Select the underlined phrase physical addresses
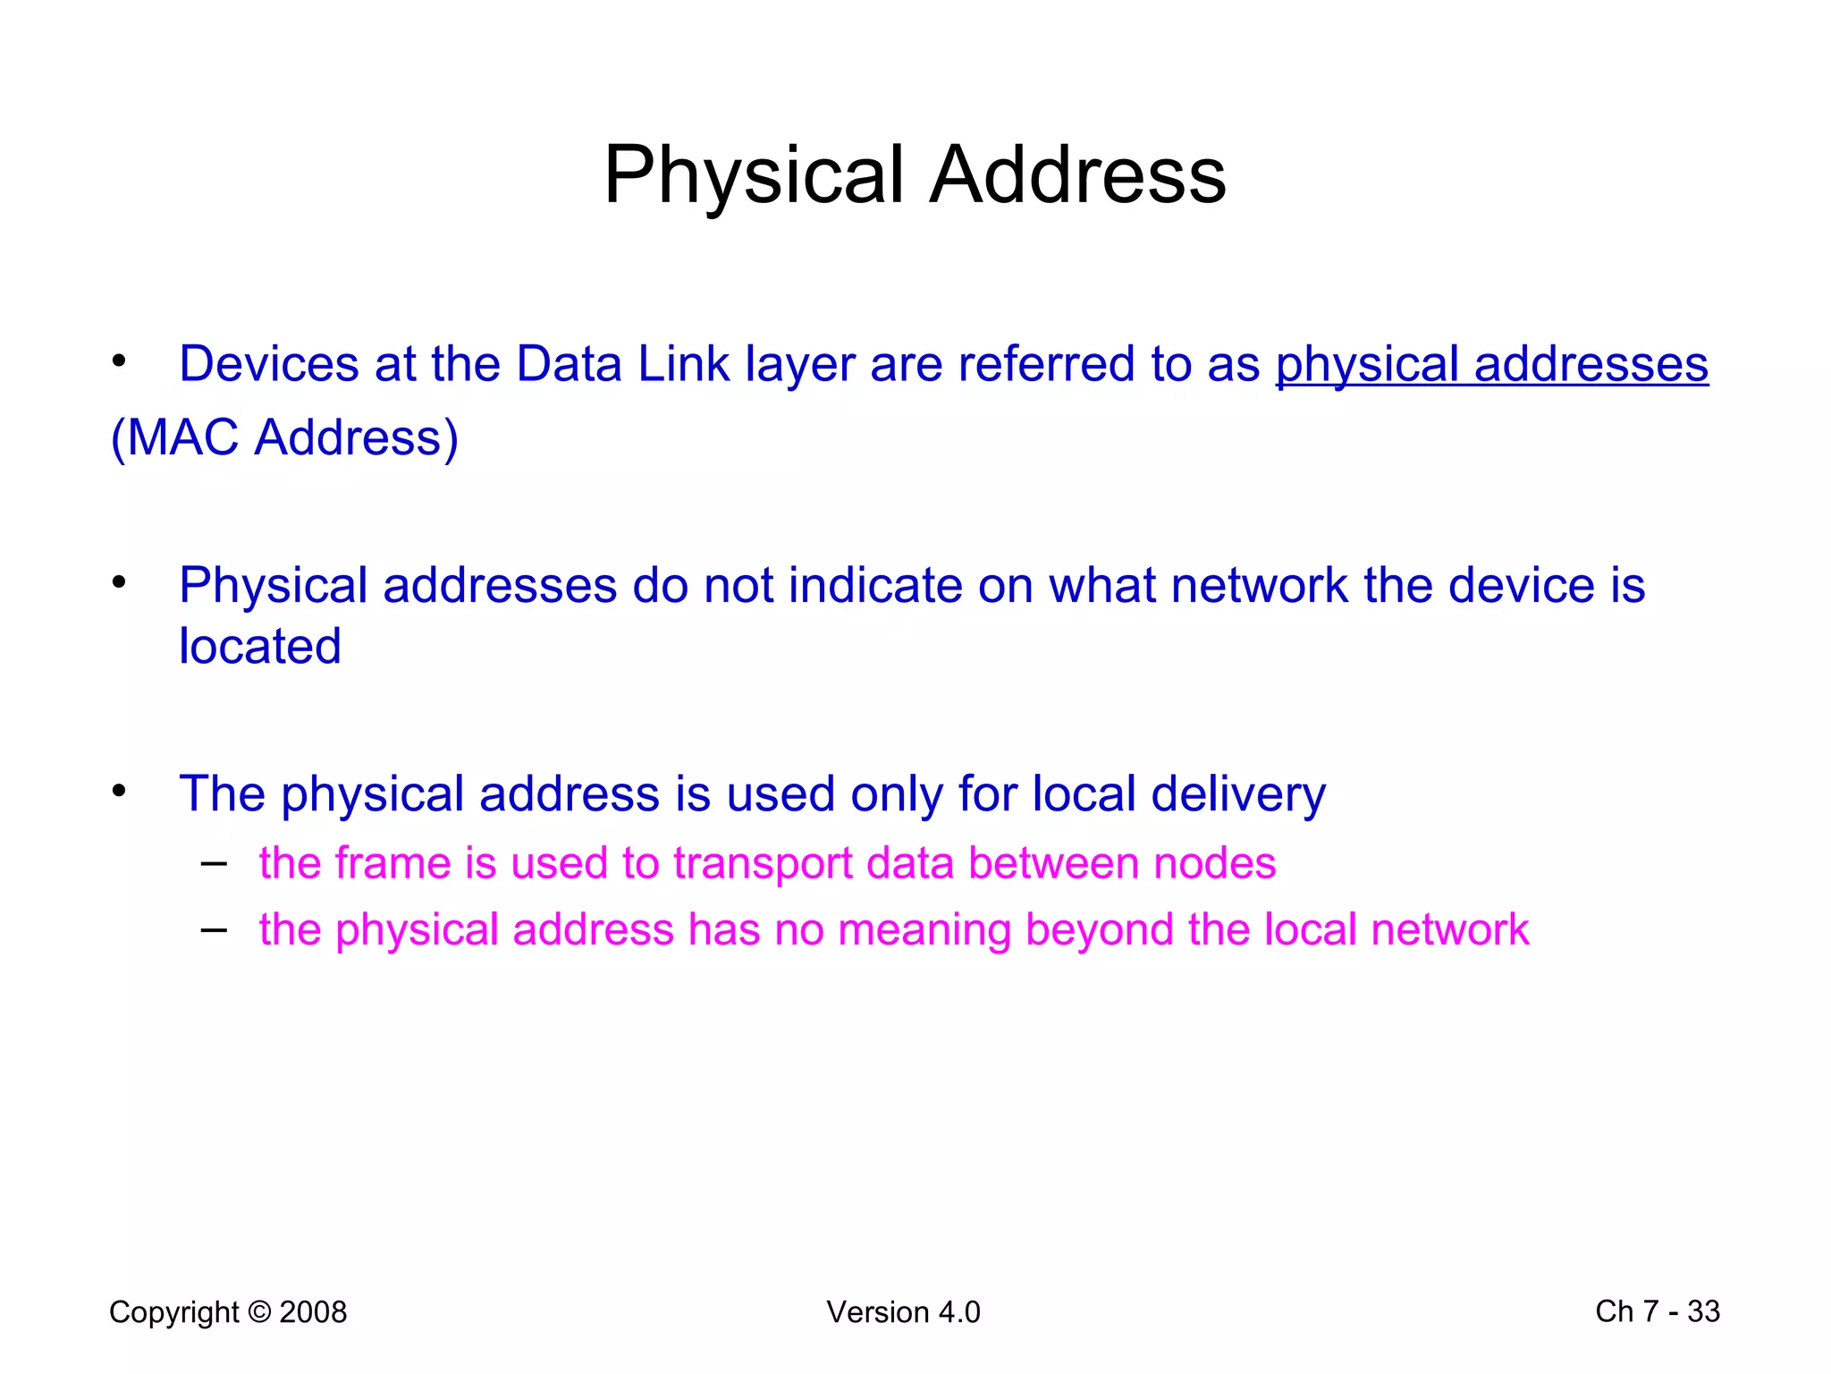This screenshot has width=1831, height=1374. tap(1491, 364)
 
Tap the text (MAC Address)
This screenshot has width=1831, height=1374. tap(284, 437)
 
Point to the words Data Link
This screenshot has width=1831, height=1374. tap(622, 364)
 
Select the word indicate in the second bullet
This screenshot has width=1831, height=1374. tap(875, 585)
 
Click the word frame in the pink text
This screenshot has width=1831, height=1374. tap(391, 863)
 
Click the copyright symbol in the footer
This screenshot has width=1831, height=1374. tap(259, 1312)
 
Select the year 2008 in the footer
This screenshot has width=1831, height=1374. tap(313, 1312)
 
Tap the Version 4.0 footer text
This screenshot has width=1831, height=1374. tap(903, 1312)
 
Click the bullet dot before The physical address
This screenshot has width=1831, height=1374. tap(119, 791)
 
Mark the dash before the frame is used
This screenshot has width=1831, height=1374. tap(214, 863)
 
